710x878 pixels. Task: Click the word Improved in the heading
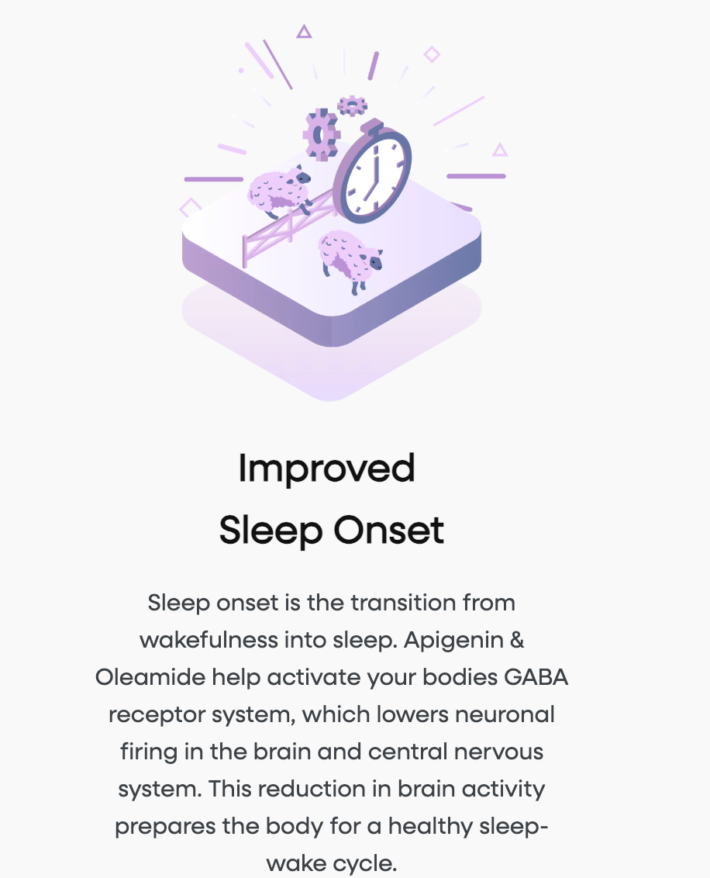[327, 469]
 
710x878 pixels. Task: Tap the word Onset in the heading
[389, 531]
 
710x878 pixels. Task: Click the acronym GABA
[536, 678]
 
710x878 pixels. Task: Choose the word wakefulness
[209, 640]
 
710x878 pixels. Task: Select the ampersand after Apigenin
[518, 640]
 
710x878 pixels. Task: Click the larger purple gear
[321, 134]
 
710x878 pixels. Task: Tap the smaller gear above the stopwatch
[353, 105]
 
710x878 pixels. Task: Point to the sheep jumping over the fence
[279, 190]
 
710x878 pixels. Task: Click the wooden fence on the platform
[289, 227]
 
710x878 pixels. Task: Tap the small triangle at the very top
[304, 31]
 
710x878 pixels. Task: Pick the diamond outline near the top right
[432, 54]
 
